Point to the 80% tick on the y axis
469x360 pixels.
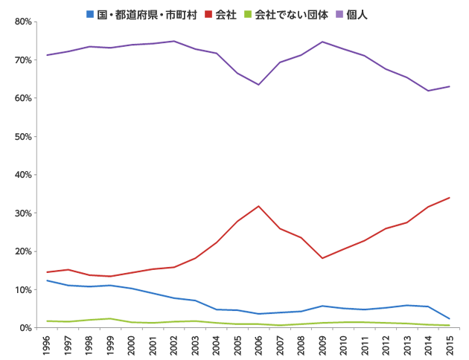tap(22, 22)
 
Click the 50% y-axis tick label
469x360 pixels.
tap(22, 137)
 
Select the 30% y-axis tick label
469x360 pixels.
tap(22, 213)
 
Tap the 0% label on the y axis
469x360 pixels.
tap(25, 328)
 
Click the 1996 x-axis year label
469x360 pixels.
tap(48, 345)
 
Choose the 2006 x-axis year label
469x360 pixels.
tap(258, 345)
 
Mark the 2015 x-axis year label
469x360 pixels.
tap(449, 345)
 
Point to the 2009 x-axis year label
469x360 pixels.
tap(322, 345)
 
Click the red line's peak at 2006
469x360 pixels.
tap(258, 206)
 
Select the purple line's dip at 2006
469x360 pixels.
tap(258, 85)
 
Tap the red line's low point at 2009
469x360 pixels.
tap(322, 258)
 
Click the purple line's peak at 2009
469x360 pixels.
tap(322, 42)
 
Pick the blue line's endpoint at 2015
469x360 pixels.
tap(449, 318)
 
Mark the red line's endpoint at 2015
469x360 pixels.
tap(449, 198)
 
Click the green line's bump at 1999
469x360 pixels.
tap(111, 318)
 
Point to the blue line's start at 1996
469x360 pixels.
tap(48, 280)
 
